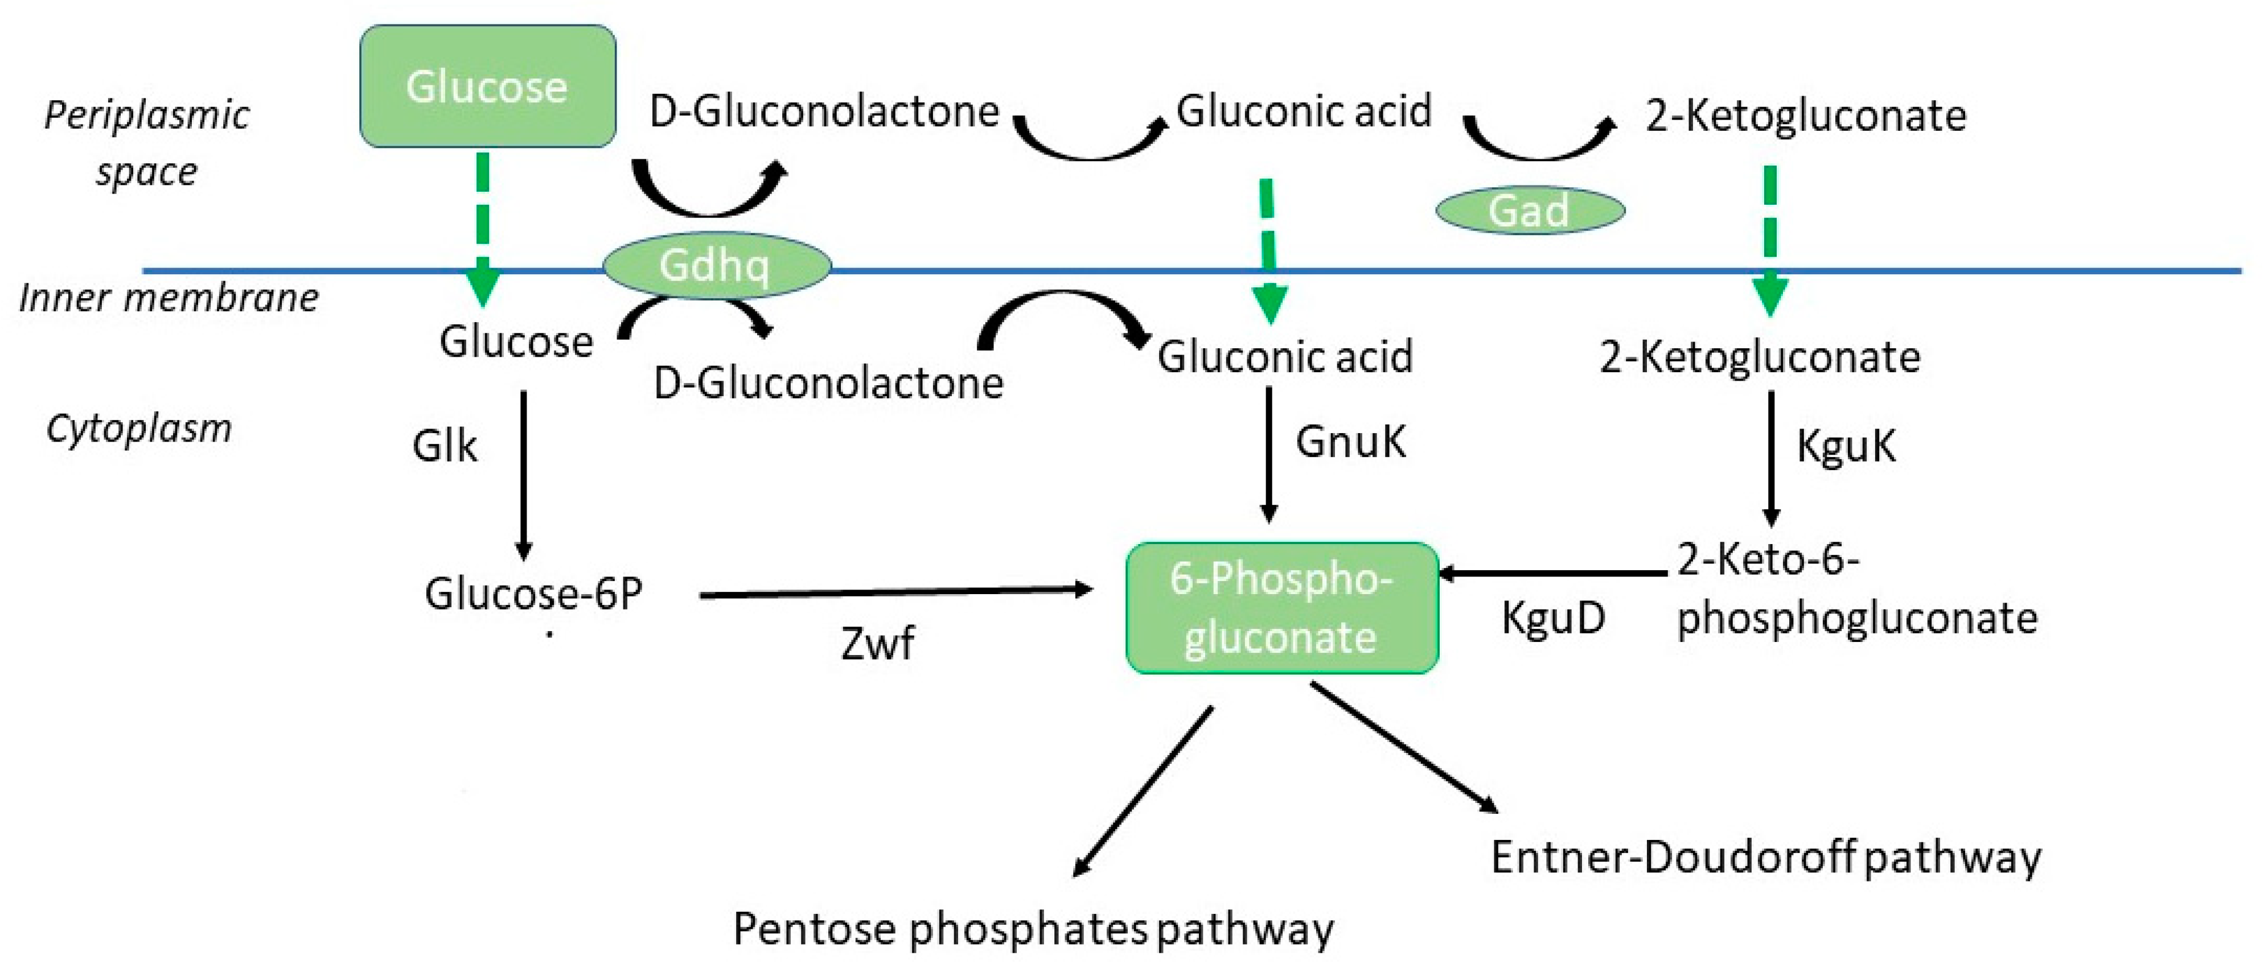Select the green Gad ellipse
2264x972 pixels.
click(x=1529, y=210)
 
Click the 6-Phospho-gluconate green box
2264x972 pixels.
click(x=1281, y=607)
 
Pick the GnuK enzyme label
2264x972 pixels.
click(x=1350, y=441)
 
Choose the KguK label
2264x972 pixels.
click(x=1846, y=446)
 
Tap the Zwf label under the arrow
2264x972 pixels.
click(x=876, y=643)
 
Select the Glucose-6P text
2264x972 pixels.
click(x=533, y=594)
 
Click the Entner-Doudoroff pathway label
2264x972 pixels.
click(x=1765, y=857)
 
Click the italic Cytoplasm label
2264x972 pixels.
click(x=139, y=429)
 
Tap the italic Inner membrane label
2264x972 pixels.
click(x=169, y=298)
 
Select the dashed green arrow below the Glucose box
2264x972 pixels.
click(x=483, y=229)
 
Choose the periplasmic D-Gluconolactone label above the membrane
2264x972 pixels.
click(x=824, y=112)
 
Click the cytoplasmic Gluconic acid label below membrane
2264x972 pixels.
click(x=1284, y=357)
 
